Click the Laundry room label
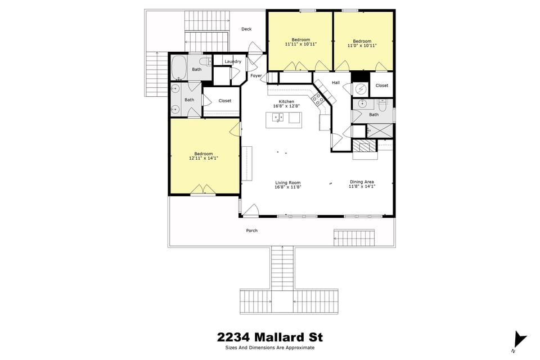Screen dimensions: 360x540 pyautogui.click(x=232, y=61)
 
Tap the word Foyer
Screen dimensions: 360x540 pyautogui.click(x=256, y=75)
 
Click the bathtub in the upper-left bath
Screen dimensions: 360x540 pyautogui.click(x=179, y=67)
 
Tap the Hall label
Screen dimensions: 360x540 pyautogui.click(x=336, y=83)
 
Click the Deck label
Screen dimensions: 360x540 pyautogui.click(x=246, y=29)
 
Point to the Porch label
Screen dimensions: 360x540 pyautogui.click(x=251, y=231)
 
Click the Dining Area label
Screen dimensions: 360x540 pyautogui.click(x=362, y=182)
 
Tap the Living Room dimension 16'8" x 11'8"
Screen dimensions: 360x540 pyautogui.click(x=288, y=187)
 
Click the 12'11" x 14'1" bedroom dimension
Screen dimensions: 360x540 pyautogui.click(x=204, y=159)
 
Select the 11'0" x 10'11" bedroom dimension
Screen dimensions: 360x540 pyautogui.click(x=362, y=46)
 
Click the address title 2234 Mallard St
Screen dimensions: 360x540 pyautogui.click(x=270, y=337)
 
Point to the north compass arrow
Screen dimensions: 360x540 pyautogui.click(x=520, y=339)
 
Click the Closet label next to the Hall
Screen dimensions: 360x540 pyautogui.click(x=382, y=85)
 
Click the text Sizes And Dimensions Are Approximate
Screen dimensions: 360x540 pyautogui.click(x=270, y=348)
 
